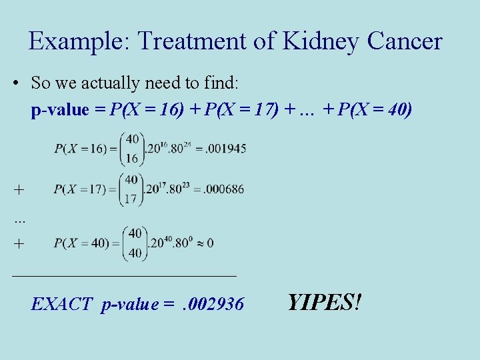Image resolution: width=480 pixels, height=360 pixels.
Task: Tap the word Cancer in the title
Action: [x=402, y=41]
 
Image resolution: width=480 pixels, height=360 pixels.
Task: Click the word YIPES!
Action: [x=325, y=303]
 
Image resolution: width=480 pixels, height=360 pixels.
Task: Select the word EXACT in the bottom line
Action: [x=62, y=305]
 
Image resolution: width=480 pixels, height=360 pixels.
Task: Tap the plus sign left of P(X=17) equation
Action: [x=19, y=190]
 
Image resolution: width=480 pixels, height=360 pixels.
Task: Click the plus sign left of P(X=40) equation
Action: [x=19, y=244]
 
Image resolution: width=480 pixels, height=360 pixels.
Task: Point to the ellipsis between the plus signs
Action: [x=19, y=219]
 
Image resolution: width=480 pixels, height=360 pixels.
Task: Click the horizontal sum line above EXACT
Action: [x=124, y=274]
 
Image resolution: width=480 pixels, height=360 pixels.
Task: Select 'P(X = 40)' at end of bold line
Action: [x=375, y=110]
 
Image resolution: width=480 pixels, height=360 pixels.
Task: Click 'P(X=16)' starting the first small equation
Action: [x=79, y=149]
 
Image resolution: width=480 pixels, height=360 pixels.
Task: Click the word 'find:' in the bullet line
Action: [x=227, y=83]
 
